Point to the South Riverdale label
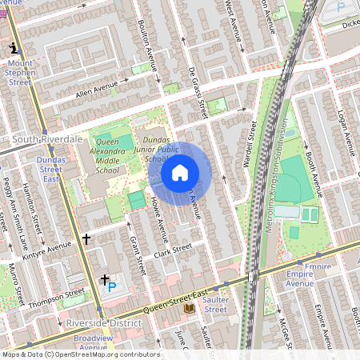click(47, 138)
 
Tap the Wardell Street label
click(250, 144)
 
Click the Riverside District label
click(103, 322)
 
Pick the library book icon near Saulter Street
click(190, 307)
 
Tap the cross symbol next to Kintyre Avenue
click(86, 238)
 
